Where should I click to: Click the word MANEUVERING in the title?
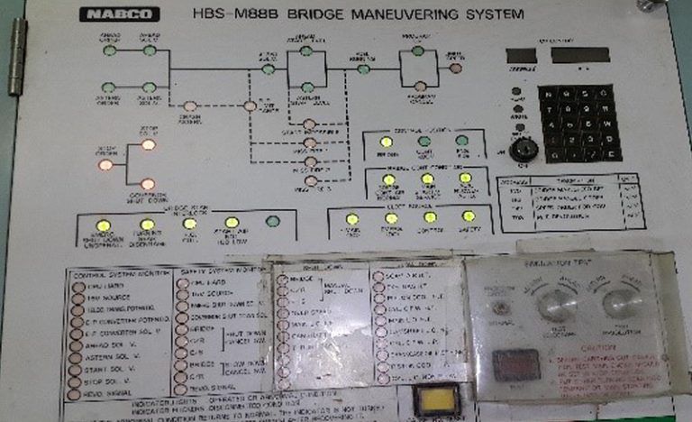pyautogui.click(x=411, y=14)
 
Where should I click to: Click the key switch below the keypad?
pyautogui.click(x=524, y=149)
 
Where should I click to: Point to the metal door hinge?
pyautogui.click(x=16, y=60)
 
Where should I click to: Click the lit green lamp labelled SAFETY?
pyautogui.click(x=469, y=216)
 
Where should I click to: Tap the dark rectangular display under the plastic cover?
pyautogui.click(x=515, y=365)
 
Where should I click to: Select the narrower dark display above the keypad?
pyautogui.click(x=522, y=55)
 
